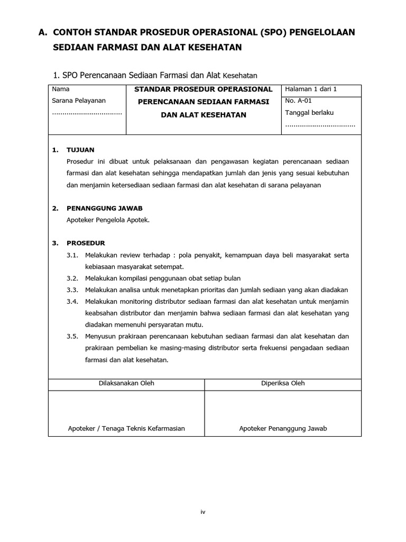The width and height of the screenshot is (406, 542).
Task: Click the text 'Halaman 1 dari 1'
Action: point(310,89)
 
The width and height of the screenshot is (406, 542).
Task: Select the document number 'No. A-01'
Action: point(299,101)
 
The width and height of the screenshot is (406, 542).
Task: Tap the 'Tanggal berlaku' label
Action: point(309,112)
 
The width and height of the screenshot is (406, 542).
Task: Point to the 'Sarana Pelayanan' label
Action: point(79,101)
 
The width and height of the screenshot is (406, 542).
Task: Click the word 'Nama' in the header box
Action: point(60,89)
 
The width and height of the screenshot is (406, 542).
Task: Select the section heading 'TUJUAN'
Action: point(80,150)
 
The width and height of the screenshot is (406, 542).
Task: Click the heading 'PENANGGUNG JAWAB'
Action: point(104,208)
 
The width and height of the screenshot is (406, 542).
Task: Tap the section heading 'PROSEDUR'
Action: point(86,243)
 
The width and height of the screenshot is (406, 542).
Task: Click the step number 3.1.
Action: point(72,255)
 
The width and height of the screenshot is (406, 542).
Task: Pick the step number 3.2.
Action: point(72,278)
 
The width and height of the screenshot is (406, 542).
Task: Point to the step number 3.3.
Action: point(72,290)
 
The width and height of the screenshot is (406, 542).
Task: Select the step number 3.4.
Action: point(72,302)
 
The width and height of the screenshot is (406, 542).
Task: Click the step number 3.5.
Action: point(72,336)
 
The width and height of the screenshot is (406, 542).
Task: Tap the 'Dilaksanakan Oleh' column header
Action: point(126,383)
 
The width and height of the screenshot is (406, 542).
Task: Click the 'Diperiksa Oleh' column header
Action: point(283,383)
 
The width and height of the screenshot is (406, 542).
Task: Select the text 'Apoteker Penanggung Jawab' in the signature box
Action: point(283,429)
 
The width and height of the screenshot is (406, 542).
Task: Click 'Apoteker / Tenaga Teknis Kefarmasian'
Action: point(126,429)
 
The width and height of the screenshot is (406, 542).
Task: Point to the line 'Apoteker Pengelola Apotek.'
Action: point(108,220)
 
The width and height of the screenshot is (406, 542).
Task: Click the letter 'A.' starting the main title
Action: point(43,33)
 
